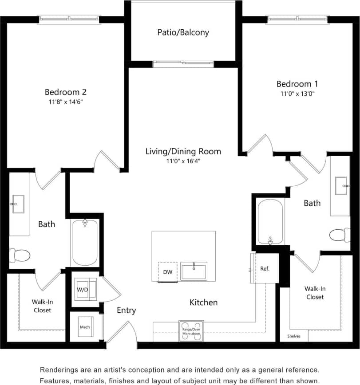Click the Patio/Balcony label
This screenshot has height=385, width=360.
click(183, 32)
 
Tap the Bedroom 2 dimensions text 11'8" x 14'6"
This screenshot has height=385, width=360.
click(65, 102)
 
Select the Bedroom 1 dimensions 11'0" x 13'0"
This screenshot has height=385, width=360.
click(297, 94)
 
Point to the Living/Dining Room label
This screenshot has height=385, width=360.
click(183, 151)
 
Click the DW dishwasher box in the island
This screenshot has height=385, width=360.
click(168, 271)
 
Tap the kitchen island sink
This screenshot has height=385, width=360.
click(194, 271)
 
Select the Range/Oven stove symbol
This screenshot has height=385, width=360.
click(191, 331)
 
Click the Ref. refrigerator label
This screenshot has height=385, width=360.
click(265, 268)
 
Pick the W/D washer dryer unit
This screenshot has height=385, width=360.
click(83, 289)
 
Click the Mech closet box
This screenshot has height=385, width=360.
click(85, 327)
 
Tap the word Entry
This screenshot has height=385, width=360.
click(127, 310)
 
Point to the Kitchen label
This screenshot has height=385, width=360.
click(204, 302)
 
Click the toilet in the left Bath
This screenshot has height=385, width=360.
click(20, 255)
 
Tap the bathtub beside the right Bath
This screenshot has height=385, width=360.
click(270, 221)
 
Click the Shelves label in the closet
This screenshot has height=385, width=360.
click(293, 336)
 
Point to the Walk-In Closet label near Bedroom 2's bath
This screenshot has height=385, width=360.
click(42, 306)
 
